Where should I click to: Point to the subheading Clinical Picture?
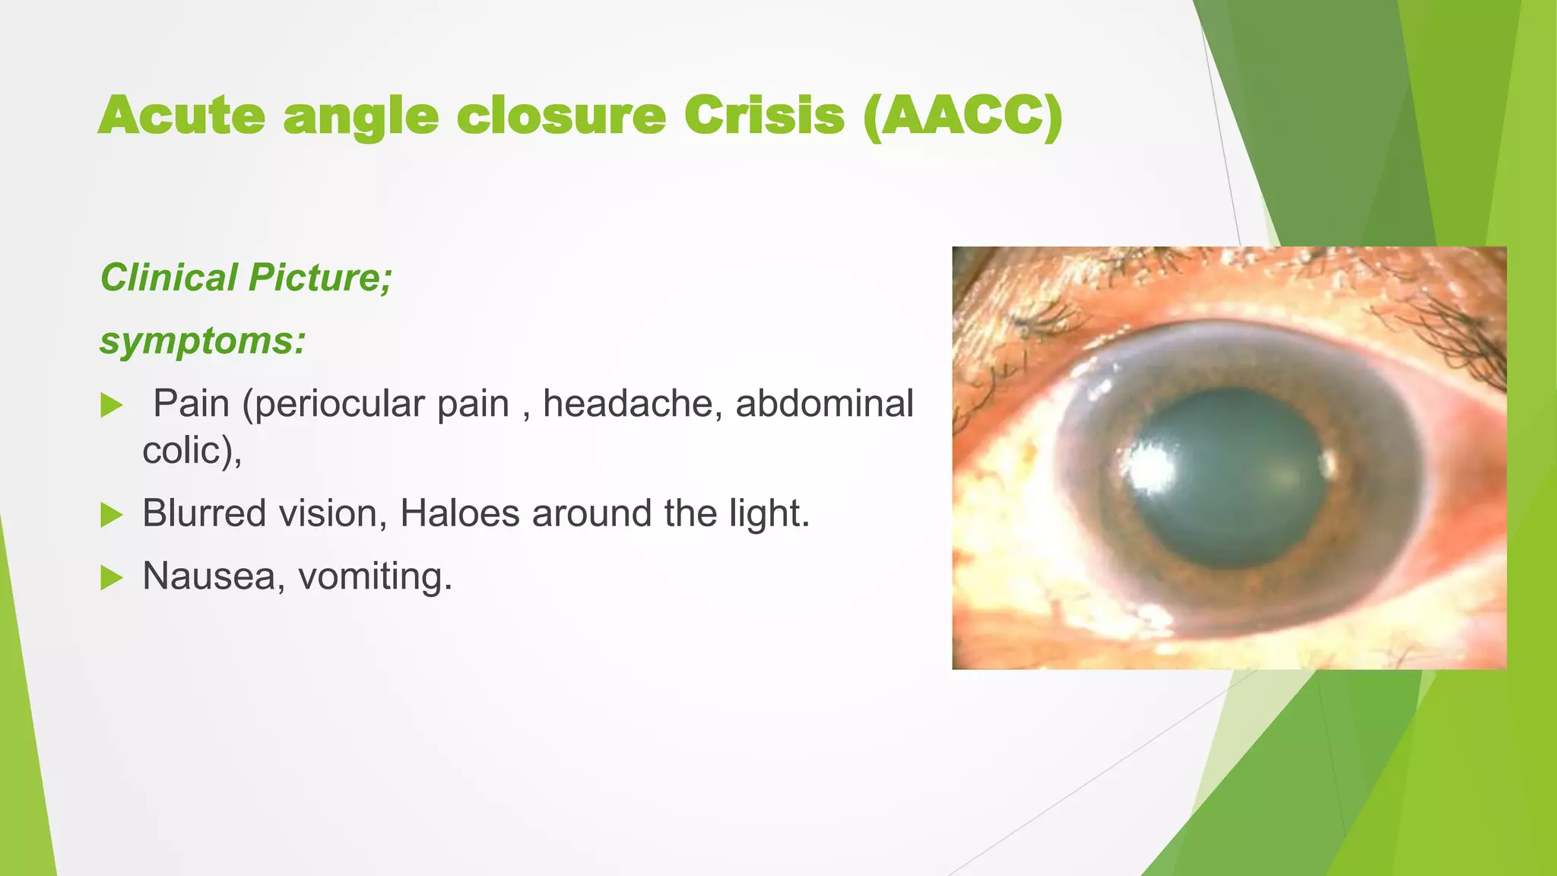(246, 278)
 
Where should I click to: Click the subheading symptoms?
(202, 341)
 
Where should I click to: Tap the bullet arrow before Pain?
(112, 405)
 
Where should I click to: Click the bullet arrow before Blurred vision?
(112, 516)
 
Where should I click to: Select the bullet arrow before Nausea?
(112, 578)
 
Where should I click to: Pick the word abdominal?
(824, 404)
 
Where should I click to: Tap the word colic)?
(192, 450)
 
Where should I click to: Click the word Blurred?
(204, 513)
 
